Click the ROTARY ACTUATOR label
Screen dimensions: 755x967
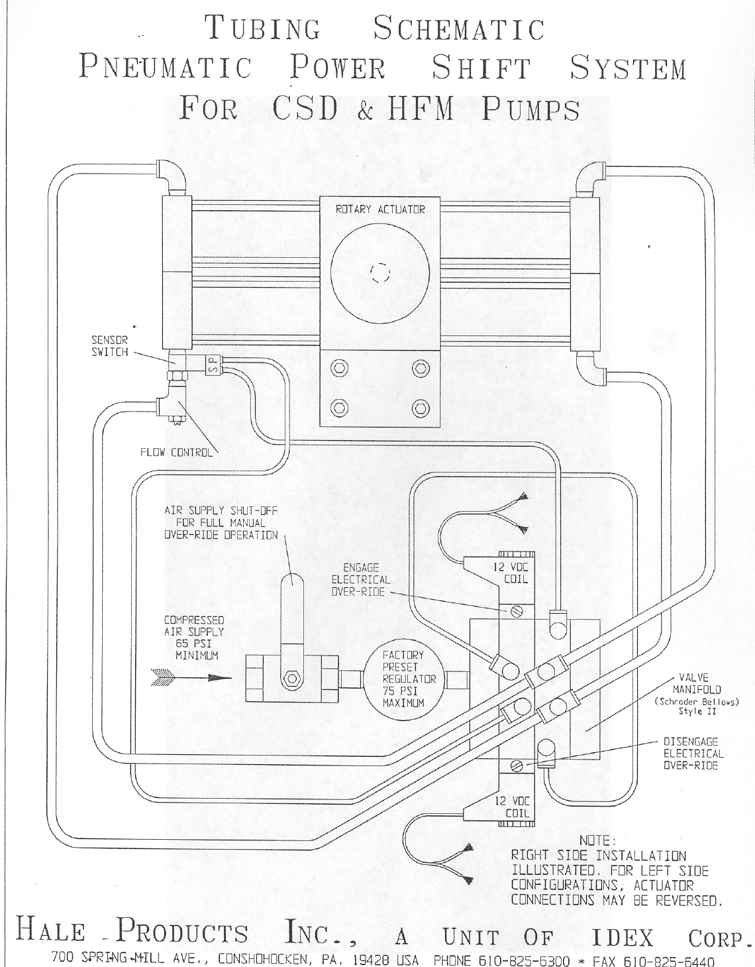tap(380, 209)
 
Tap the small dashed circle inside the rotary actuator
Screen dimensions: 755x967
tap(380, 272)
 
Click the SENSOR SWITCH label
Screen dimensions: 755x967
tap(109, 346)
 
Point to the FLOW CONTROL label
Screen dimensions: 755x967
tap(177, 453)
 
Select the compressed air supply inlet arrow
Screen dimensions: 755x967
tap(191, 677)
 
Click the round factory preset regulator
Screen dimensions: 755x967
tap(404, 679)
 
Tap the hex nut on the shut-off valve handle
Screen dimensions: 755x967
tap(291, 679)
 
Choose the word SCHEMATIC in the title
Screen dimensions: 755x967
tap(459, 29)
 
